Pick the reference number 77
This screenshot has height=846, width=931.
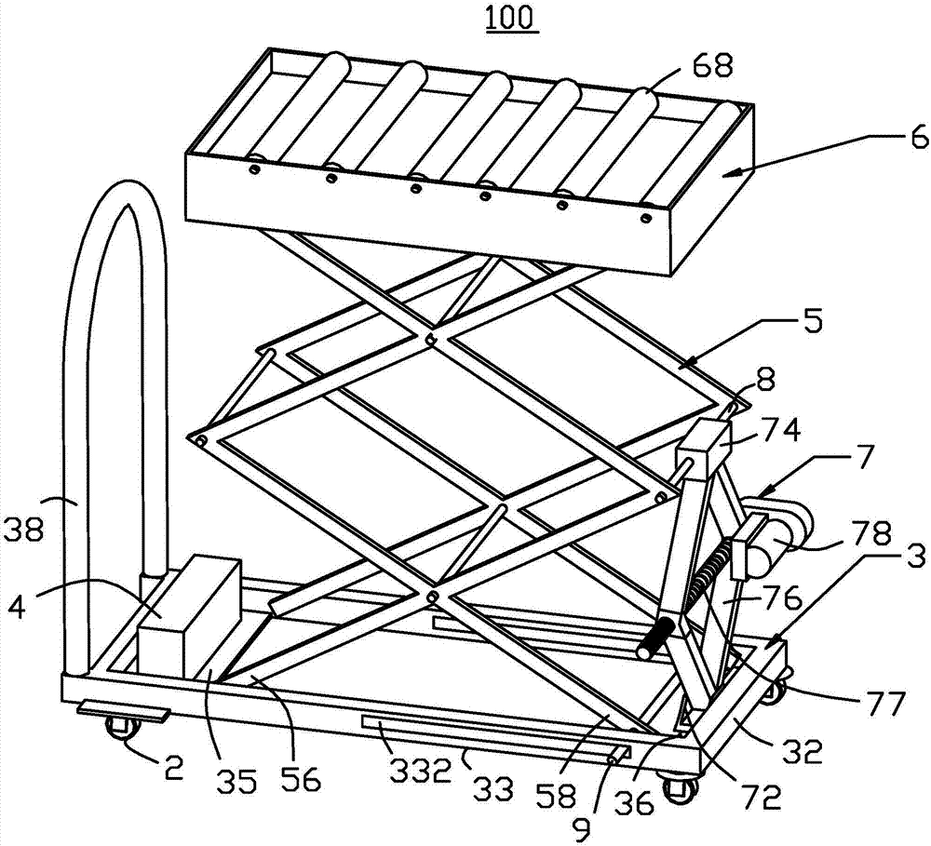coord(882,704)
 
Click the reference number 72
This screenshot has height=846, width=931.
coord(756,798)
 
